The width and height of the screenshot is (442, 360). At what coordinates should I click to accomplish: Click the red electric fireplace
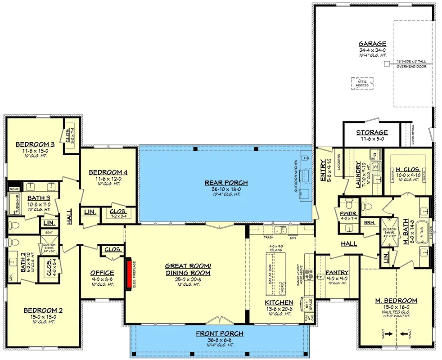(128, 273)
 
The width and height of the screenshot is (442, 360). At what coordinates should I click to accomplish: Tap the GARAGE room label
(372, 44)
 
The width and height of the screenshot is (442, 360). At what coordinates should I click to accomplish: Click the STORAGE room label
(372, 132)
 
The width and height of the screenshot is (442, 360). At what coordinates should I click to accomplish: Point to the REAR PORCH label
(226, 182)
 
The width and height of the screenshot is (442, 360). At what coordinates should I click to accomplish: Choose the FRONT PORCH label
(220, 333)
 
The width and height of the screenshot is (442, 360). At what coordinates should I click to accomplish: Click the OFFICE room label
(102, 273)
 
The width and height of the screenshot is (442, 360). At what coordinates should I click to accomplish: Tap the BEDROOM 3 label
(35, 144)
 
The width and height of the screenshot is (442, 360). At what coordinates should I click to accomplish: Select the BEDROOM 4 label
(108, 172)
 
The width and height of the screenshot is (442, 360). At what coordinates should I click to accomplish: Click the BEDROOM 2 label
(43, 310)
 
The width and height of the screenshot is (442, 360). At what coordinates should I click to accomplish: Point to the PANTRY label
(337, 272)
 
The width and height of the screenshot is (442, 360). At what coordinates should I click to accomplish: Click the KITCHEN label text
(279, 302)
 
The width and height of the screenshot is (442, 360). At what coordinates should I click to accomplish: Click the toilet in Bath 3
(14, 224)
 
